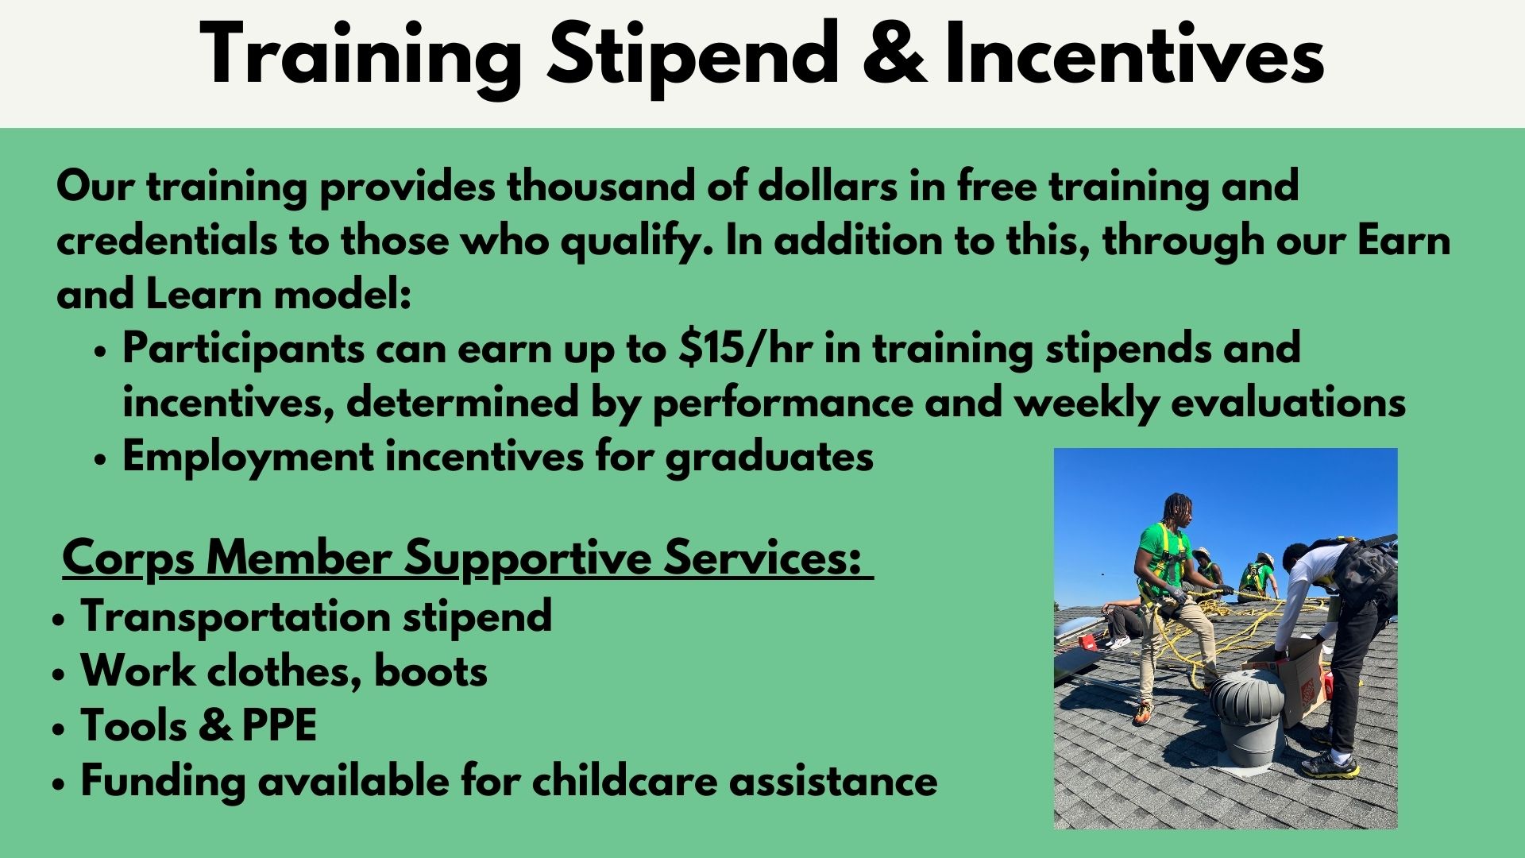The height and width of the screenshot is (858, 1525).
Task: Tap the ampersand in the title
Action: click(894, 54)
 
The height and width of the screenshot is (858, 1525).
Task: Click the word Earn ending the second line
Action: click(1403, 241)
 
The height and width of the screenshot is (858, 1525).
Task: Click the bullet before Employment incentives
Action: click(99, 460)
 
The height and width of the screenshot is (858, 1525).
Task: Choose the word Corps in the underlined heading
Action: click(128, 559)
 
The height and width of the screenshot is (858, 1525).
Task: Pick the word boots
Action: click(430, 671)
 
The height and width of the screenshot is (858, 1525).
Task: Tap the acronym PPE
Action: click(279, 725)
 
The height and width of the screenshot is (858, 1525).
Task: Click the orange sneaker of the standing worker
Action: click(1143, 713)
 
